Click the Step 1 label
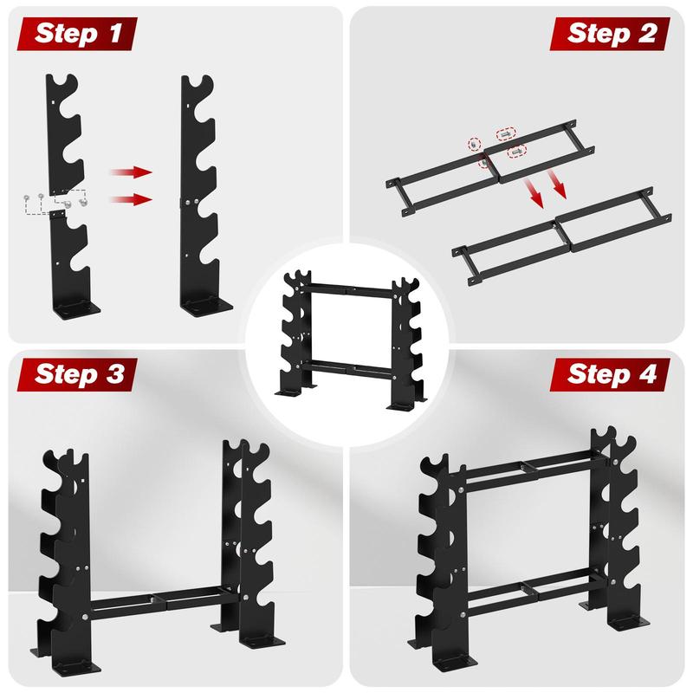pos(78,33)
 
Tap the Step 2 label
pos(612,34)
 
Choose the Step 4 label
pos(612,374)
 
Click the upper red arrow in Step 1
pos(132,172)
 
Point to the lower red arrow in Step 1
pos(132,199)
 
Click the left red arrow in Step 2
pos(532,193)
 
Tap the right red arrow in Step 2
pos(556,184)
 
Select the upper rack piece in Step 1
pos(64,133)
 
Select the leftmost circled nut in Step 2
pos(474,144)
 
